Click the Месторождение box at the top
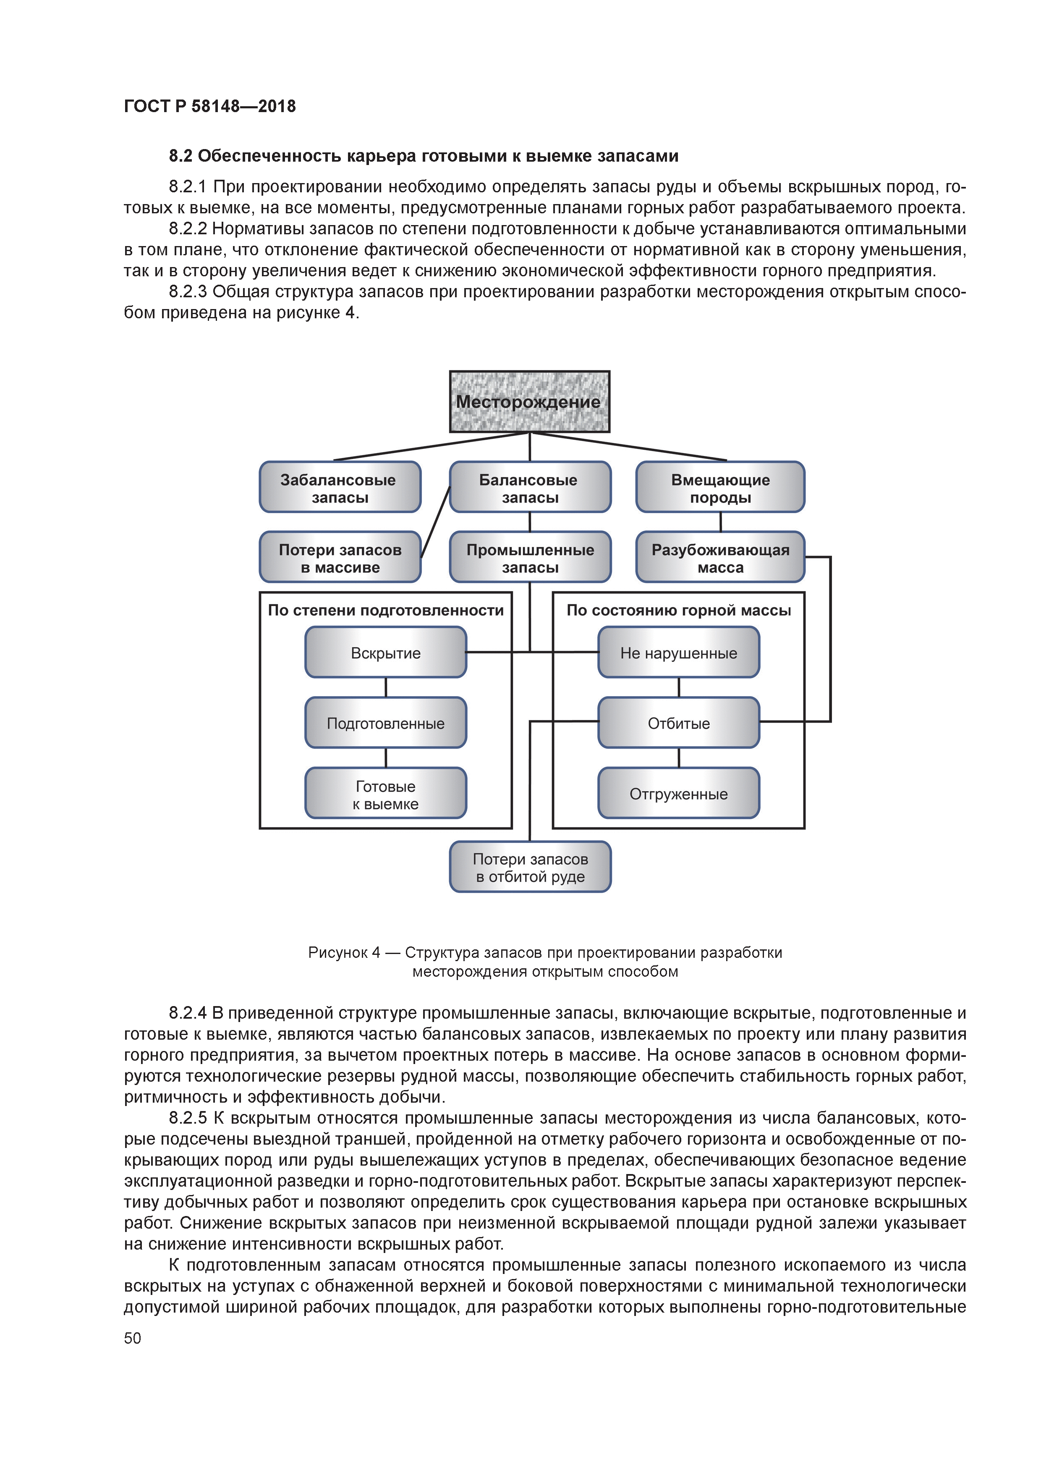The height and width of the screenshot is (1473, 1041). tap(529, 401)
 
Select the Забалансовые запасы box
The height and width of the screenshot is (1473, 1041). tap(340, 488)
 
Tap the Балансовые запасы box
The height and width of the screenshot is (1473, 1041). tap(530, 488)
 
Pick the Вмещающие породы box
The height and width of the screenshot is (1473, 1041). tap(720, 488)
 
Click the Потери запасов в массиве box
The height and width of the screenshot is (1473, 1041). tap(340, 558)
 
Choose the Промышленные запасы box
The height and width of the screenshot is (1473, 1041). tap(530, 558)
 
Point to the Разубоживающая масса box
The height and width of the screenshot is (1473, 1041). tap(720, 558)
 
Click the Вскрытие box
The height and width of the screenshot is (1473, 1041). tap(385, 653)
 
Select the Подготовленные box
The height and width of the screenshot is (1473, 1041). tap(385, 723)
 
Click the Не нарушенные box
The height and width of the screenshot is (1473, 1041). tap(679, 653)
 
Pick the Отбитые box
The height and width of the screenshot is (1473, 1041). tap(679, 723)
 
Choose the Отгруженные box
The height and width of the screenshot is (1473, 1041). tap(679, 794)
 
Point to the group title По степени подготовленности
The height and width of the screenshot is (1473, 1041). tap(385, 610)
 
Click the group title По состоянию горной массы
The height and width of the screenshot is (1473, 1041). tap(679, 610)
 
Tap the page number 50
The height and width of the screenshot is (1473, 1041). tap(132, 1338)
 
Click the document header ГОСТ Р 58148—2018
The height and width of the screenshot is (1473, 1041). tap(210, 106)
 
